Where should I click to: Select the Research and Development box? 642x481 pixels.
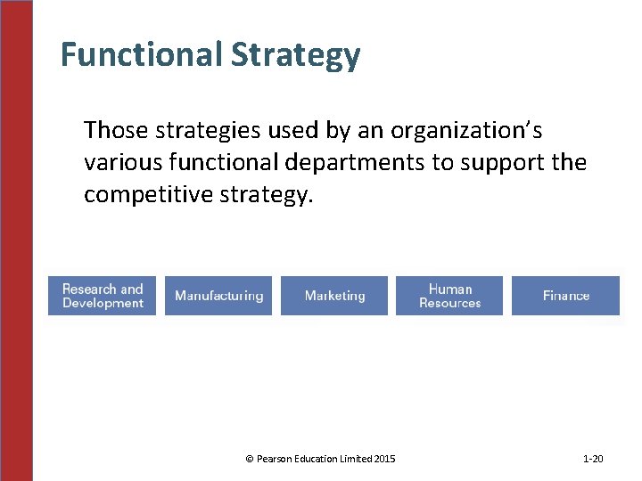pyautogui.click(x=103, y=296)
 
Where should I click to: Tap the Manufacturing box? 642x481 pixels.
pyautogui.click(x=218, y=296)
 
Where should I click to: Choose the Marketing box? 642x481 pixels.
pyautogui.click(x=334, y=296)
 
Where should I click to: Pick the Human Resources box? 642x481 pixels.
pyautogui.click(x=449, y=296)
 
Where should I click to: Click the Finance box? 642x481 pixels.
pyautogui.click(x=565, y=296)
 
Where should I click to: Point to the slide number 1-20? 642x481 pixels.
pyautogui.click(x=593, y=459)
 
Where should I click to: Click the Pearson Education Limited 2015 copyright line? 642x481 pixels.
pyautogui.click(x=320, y=459)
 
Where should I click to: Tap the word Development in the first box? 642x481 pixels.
pyautogui.click(x=103, y=304)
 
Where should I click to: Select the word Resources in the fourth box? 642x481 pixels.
pyautogui.click(x=449, y=304)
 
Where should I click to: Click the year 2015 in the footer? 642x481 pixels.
pyautogui.click(x=385, y=459)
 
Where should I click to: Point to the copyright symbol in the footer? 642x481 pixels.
pyautogui.click(x=249, y=459)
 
